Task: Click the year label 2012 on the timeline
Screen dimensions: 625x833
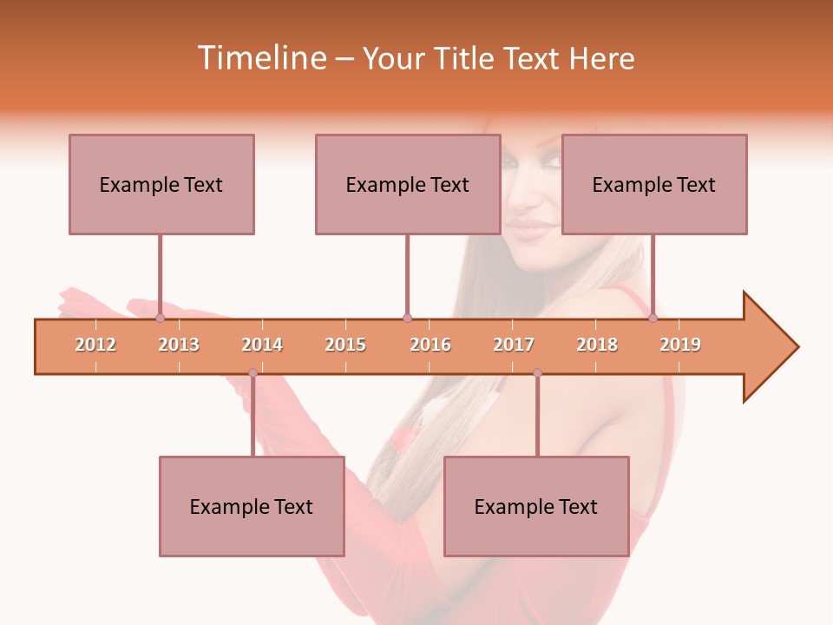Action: (x=95, y=345)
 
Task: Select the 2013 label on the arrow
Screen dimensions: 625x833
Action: (x=179, y=345)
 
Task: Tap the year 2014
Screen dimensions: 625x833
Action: (x=262, y=345)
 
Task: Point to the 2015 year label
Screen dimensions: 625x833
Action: (x=345, y=345)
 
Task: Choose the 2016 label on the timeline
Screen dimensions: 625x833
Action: (x=430, y=345)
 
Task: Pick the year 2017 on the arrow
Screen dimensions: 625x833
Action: (x=514, y=345)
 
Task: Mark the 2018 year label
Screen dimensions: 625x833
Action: (x=597, y=345)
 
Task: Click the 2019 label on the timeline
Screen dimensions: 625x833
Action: (x=680, y=345)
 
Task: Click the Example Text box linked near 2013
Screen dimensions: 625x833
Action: (x=161, y=184)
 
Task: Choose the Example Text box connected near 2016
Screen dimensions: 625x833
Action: (x=408, y=184)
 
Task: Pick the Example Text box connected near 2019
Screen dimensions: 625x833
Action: (x=654, y=184)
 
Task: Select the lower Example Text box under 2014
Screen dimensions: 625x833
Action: (x=252, y=506)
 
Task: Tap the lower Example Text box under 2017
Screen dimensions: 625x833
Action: (x=536, y=506)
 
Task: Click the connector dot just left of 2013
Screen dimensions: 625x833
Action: (x=160, y=318)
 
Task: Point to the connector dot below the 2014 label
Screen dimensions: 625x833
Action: (x=253, y=373)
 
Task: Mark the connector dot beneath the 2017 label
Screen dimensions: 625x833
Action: (x=537, y=373)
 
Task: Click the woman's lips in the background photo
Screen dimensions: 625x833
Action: (x=532, y=228)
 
